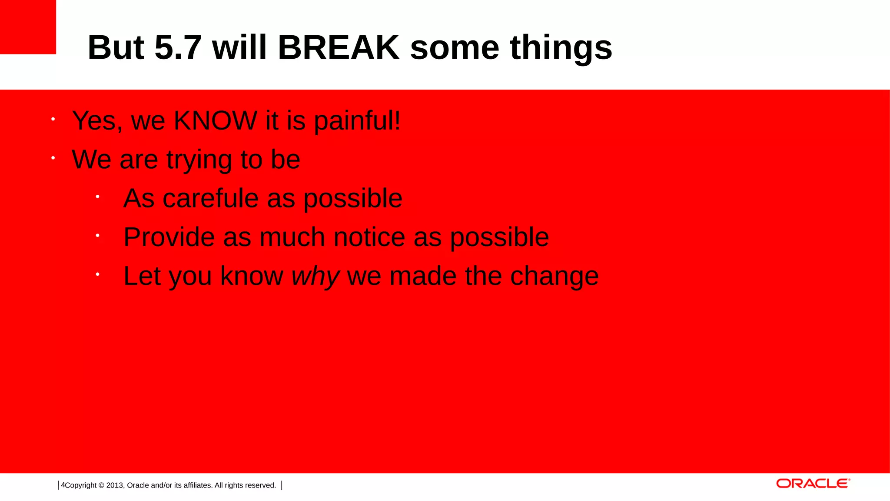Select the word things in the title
[x=561, y=48]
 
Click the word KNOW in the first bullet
[x=216, y=120]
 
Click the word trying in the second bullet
[x=199, y=160]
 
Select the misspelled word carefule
[x=210, y=198]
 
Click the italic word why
[x=315, y=277]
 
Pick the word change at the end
[x=554, y=276]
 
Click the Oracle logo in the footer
[x=813, y=484]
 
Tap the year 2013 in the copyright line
[x=115, y=485]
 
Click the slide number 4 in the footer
[x=63, y=485]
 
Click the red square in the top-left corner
[x=28, y=27]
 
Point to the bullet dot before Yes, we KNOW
[x=53, y=119]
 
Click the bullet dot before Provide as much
[x=98, y=236]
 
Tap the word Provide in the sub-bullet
[x=169, y=237]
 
